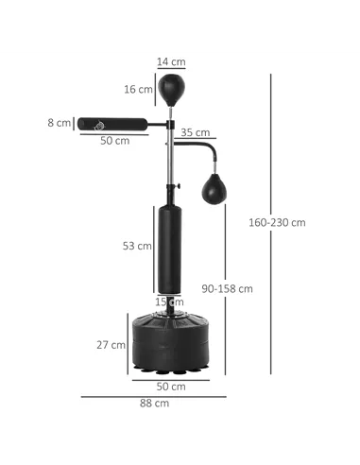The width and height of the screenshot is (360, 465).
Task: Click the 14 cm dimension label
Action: pyautogui.click(x=171, y=61)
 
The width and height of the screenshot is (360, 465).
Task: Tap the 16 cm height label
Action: pyautogui.click(x=140, y=90)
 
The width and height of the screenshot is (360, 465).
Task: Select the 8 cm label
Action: pyautogui.click(x=61, y=123)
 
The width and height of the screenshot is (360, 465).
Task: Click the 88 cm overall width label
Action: pyautogui.click(x=154, y=404)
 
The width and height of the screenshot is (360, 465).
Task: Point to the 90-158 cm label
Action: pyautogui.click(x=230, y=288)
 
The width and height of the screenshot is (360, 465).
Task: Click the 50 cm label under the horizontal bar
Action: pyautogui.click(x=114, y=140)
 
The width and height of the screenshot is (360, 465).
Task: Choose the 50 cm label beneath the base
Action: pyautogui.click(x=171, y=387)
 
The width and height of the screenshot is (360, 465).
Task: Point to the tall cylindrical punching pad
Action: pyautogui.click(x=171, y=248)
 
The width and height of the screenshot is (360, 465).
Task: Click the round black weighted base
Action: pyautogui.click(x=171, y=342)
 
